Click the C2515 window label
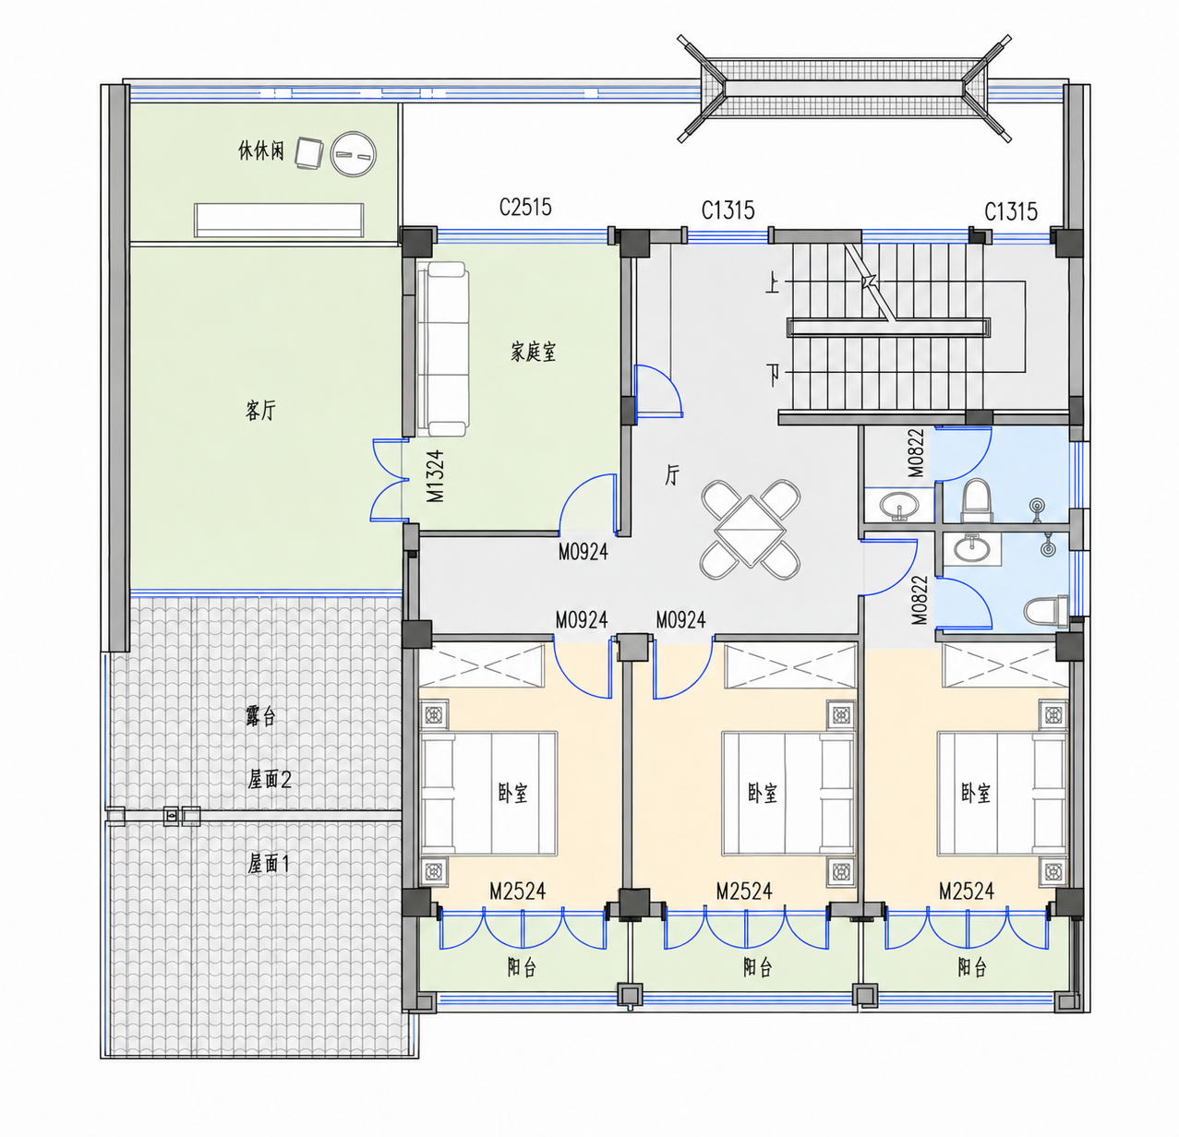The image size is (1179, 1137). click(525, 207)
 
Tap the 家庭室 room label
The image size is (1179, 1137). click(533, 352)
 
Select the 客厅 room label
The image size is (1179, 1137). click(260, 410)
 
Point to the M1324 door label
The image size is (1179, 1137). click(436, 476)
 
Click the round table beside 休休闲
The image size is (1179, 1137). click(354, 154)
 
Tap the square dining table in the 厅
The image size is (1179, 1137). click(750, 531)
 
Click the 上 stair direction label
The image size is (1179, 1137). click(773, 283)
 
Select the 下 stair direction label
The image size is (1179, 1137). click(773, 375)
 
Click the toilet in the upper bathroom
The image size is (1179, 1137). click(977, 501)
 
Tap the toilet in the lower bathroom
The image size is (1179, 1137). click(1046, 611)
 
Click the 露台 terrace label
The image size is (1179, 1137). click(261, 716)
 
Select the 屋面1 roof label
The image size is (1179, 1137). click(269, 863)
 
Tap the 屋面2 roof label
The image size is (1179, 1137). click(270, 779)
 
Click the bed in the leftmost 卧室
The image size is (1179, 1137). click(488, 794)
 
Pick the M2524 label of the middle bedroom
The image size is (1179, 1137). click(744, 892)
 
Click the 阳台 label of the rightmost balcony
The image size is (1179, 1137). click(972, 967)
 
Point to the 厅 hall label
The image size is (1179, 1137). click(672, 475)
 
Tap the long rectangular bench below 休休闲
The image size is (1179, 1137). click(279, 220)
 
